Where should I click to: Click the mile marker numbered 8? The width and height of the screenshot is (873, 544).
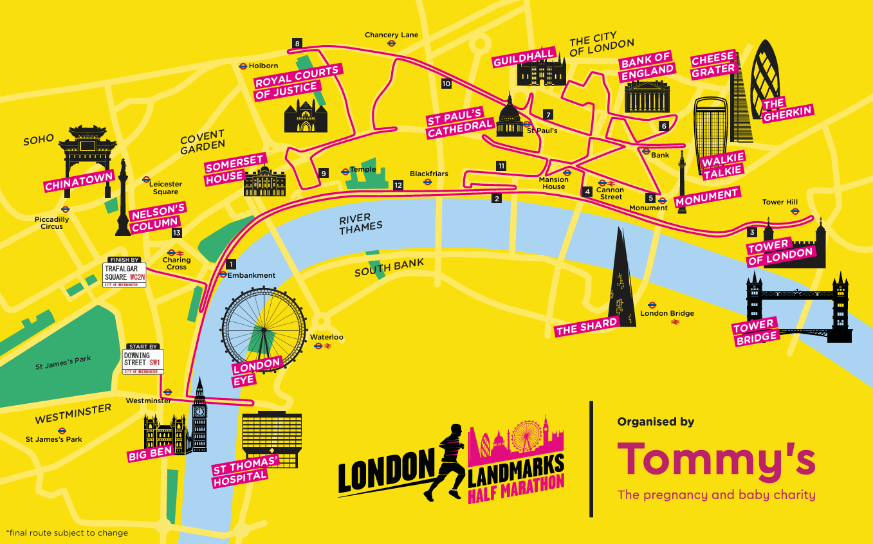point(297,44)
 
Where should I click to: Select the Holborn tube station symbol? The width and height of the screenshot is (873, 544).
point(243,66)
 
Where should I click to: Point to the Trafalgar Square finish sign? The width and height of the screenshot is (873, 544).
point(125,273)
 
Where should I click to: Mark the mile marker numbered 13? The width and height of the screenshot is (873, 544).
point(176,233)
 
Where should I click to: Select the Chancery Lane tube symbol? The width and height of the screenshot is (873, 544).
point(391,43)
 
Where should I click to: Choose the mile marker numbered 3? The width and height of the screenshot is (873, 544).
point(752,232)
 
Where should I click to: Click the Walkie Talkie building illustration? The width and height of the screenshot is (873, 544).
point(711,122)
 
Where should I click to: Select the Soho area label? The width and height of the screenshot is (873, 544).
point(39,140)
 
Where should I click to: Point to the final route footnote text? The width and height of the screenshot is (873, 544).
point(67,532)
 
